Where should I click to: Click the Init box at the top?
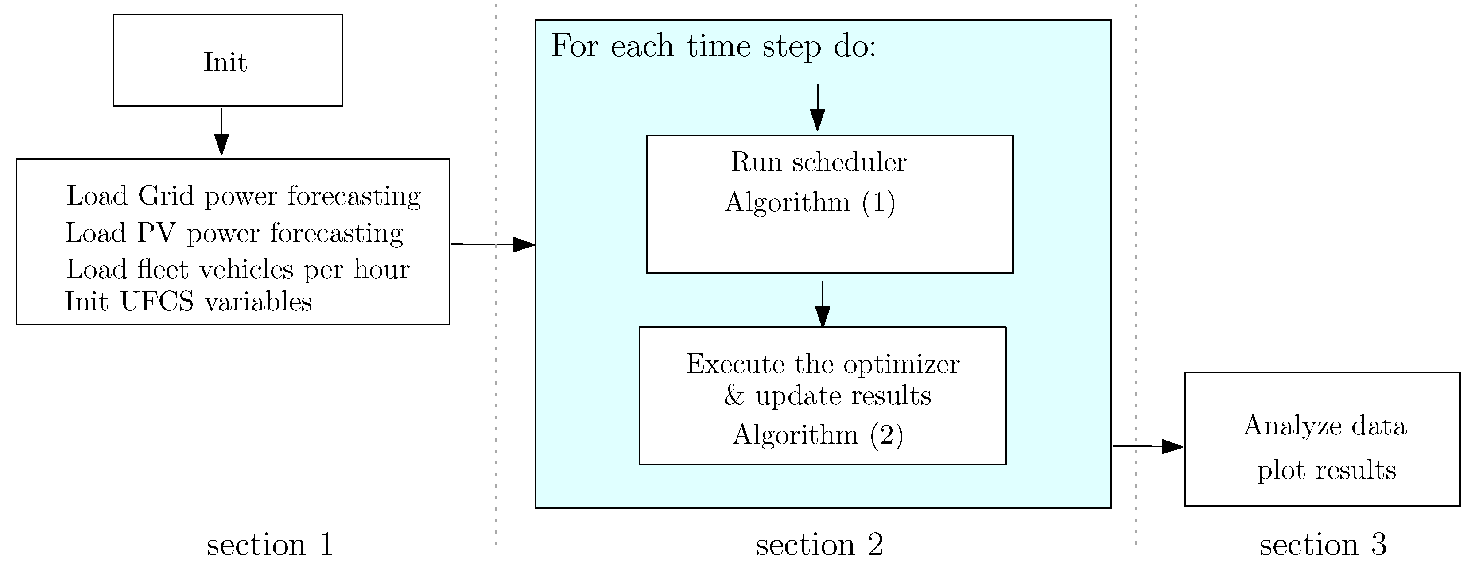point(227,61)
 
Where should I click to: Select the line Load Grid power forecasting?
point(243,196)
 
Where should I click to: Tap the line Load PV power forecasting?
point(234,233)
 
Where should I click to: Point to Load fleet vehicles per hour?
point(237,270)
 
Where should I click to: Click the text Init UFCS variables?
point(188,302)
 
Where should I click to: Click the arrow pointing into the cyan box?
point(493,244)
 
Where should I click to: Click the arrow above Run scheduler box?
point(818,108)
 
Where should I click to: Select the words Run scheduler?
point(818,163)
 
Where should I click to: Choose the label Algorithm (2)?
point(818,435)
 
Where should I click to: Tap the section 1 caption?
point(270,544)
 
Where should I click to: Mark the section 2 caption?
point(819,544)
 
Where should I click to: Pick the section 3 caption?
point(1323,544)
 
